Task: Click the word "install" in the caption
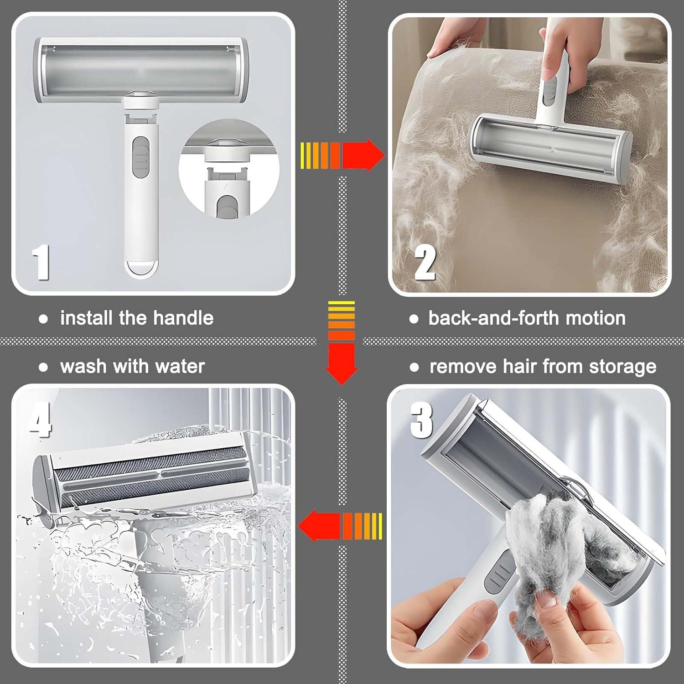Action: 87,318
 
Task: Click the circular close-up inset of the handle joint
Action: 228,169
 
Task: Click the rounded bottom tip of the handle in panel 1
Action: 142,269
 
